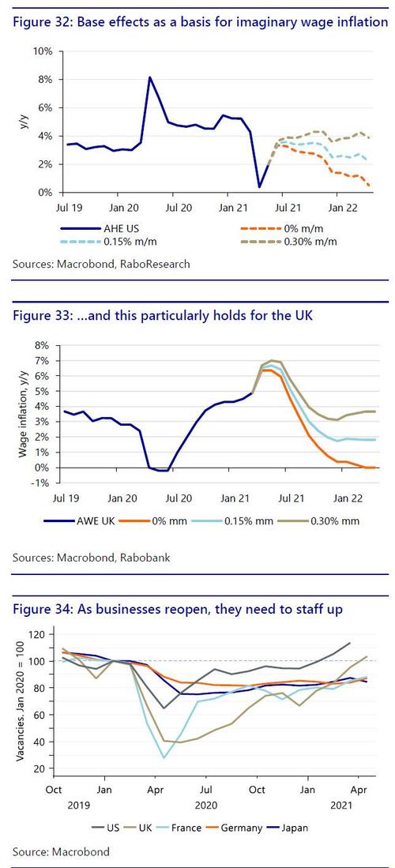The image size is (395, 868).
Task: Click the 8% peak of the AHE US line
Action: [149, 77]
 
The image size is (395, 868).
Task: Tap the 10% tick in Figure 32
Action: [43, 51]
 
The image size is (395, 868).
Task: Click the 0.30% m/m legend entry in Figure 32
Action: [289, 242]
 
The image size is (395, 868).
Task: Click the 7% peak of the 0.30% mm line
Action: [272, 360]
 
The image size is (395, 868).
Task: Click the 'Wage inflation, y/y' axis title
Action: [23, 414]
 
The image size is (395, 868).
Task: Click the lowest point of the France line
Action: [164, 757]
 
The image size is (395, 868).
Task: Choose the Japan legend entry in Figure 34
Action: [288, 829]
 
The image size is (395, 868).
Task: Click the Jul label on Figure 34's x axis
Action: [205, 789]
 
